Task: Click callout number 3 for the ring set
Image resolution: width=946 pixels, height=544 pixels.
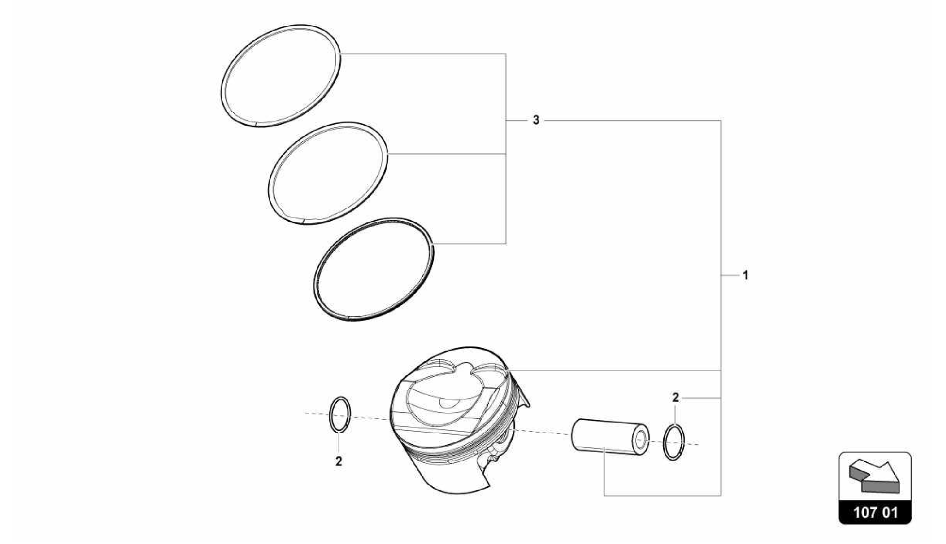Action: click(536, 121)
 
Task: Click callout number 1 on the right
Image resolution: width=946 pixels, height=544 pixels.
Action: click(745, 275)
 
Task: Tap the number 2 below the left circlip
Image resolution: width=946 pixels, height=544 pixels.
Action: click(339, 461)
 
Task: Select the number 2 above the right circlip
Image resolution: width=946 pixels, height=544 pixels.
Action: click(675, 398)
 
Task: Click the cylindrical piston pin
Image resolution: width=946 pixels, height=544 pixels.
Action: click(605, 437)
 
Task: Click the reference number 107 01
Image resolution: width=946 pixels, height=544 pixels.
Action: click(875, 512)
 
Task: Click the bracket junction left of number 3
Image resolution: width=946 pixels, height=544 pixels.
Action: click(506, 121)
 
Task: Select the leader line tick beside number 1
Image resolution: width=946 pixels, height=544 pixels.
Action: click(730, 275)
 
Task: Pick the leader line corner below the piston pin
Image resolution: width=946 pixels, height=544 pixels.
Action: click(604, 496)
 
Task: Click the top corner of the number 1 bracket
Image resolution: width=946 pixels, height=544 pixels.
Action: click(721, 121)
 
